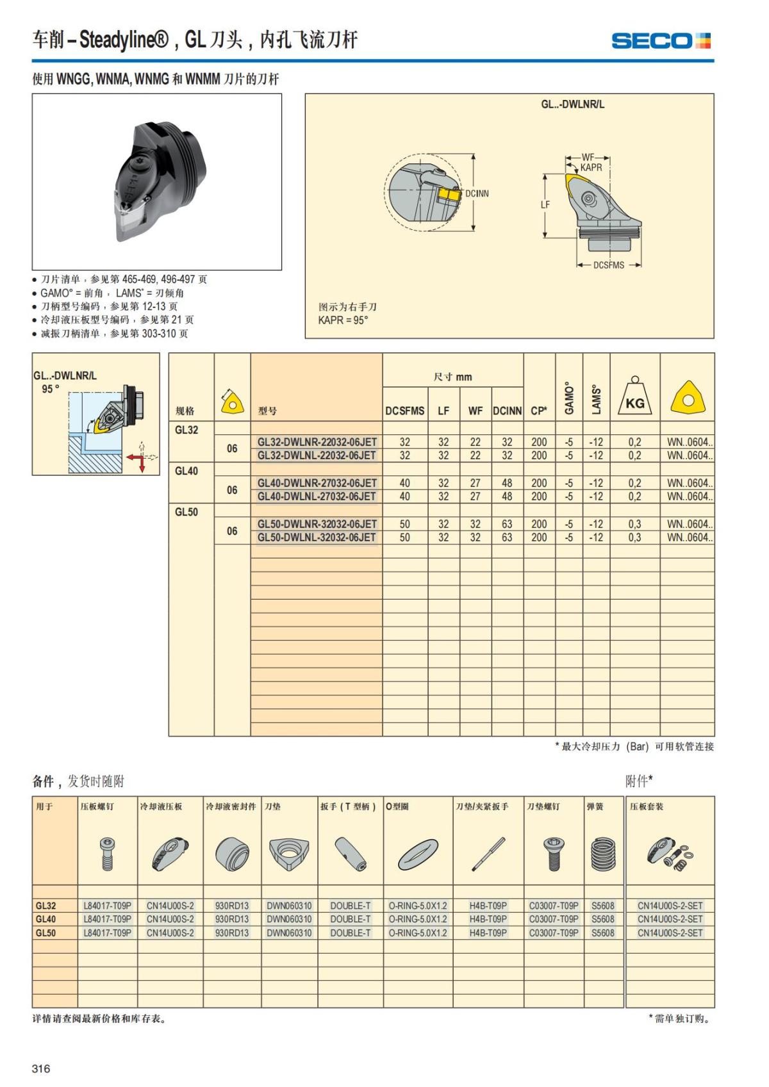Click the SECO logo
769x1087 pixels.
[661, 41]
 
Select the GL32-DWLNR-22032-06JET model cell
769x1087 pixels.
[317, 442]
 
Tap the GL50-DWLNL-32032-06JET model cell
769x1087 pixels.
[317, 537]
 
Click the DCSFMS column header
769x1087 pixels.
[404, 411]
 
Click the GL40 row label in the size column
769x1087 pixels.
[186, 471]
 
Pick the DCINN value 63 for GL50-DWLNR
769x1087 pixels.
[507, 524]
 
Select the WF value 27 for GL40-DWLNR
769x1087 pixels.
[475, 483]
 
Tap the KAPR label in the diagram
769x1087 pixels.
[591, 167]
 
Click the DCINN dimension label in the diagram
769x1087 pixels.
[477, 193]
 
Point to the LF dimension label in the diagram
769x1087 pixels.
[545, 205]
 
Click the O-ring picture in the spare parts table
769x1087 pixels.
[418, 854]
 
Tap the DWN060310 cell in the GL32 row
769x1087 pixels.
[289, 906]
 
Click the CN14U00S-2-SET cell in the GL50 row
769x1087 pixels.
[670, 933]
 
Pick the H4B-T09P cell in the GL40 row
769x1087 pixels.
[488, 919]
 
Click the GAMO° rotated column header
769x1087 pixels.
[569, 398]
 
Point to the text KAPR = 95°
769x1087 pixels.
[343, 320]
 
